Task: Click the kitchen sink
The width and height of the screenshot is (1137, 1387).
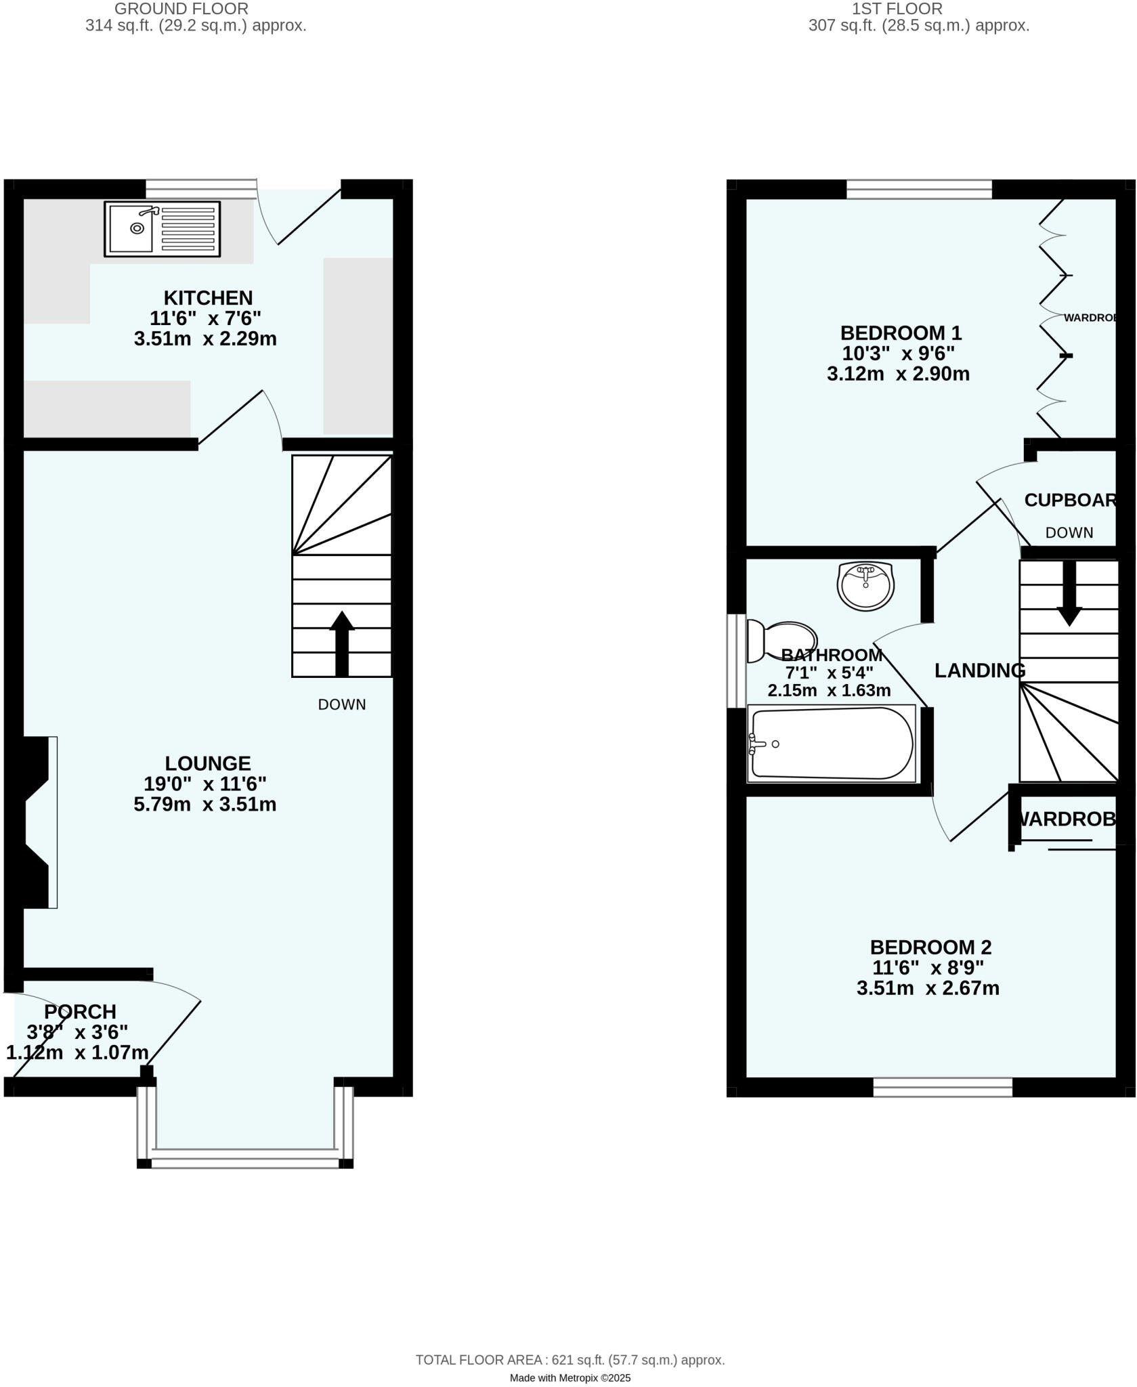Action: pos(162,229)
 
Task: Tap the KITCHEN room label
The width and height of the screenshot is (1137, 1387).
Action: pos(208,298)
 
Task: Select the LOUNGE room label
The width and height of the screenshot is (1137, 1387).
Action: pos(207,763)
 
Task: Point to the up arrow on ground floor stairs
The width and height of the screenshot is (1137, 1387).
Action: pos(342,643)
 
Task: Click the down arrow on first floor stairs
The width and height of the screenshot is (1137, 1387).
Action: pos(1069,593)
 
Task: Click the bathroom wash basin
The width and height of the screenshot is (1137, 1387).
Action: pos(865,585)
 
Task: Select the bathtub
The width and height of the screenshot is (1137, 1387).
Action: pos(832,744)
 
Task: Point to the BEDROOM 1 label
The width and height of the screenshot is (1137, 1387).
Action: pos(901,333)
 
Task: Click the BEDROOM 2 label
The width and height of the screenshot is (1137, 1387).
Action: pos(930,947)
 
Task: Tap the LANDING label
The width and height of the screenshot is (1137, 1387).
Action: pos(979,670)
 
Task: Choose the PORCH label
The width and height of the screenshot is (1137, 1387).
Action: pos(80,1012)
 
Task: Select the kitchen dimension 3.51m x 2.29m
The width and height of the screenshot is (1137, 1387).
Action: pos(205,339)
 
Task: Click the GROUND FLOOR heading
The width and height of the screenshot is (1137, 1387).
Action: pos(181,9)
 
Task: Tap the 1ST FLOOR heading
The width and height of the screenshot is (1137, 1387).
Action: pos(897,9)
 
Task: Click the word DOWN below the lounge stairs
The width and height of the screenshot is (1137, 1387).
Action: pos(342,704)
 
